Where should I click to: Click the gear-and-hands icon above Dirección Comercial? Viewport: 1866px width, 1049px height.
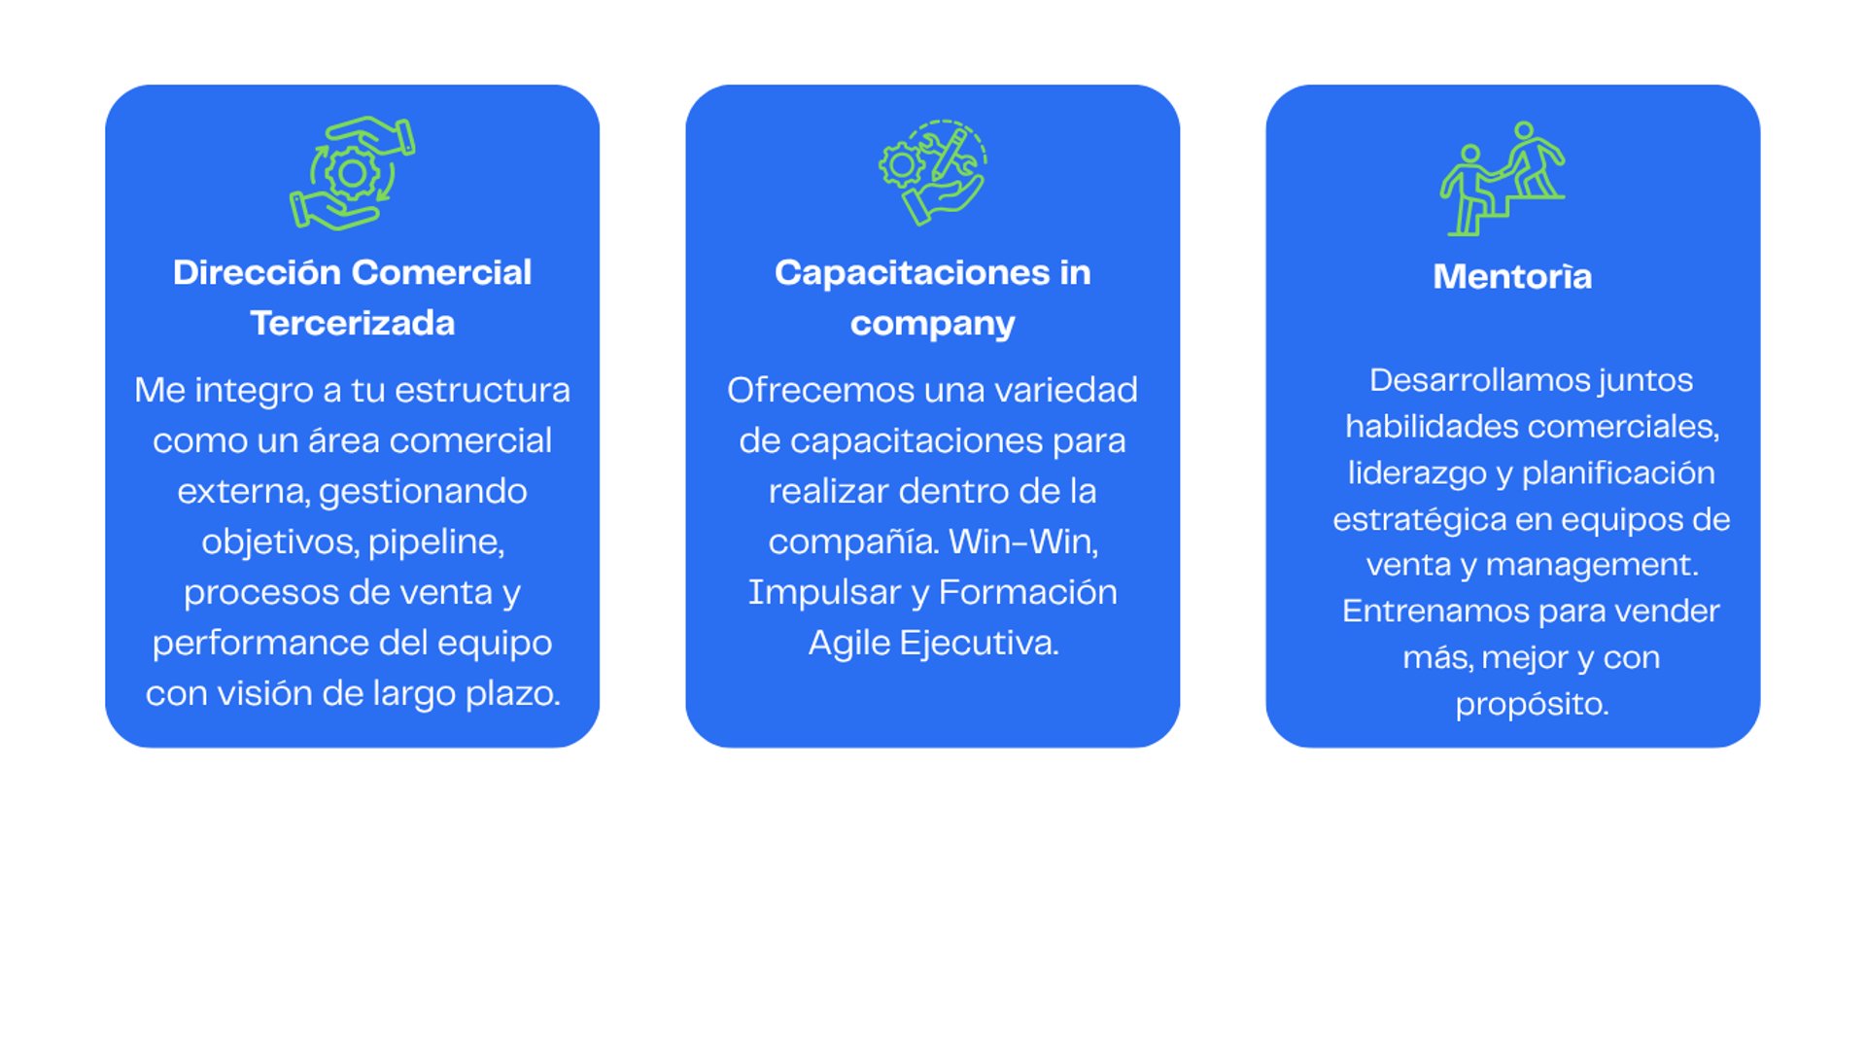point(352,173)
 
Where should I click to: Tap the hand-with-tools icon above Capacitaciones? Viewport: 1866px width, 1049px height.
point(932,173)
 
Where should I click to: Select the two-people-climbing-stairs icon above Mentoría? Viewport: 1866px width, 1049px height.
point(1503,178)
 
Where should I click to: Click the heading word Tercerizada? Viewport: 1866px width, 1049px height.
point(352,323)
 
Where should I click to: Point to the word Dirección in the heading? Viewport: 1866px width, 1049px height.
point(257,272)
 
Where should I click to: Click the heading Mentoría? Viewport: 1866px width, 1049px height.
point(1512,276)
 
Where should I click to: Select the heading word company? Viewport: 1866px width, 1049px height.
point(932,324)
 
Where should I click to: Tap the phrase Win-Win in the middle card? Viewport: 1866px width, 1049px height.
point(1022,542)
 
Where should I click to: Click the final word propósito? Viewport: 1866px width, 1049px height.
point(1532,704)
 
